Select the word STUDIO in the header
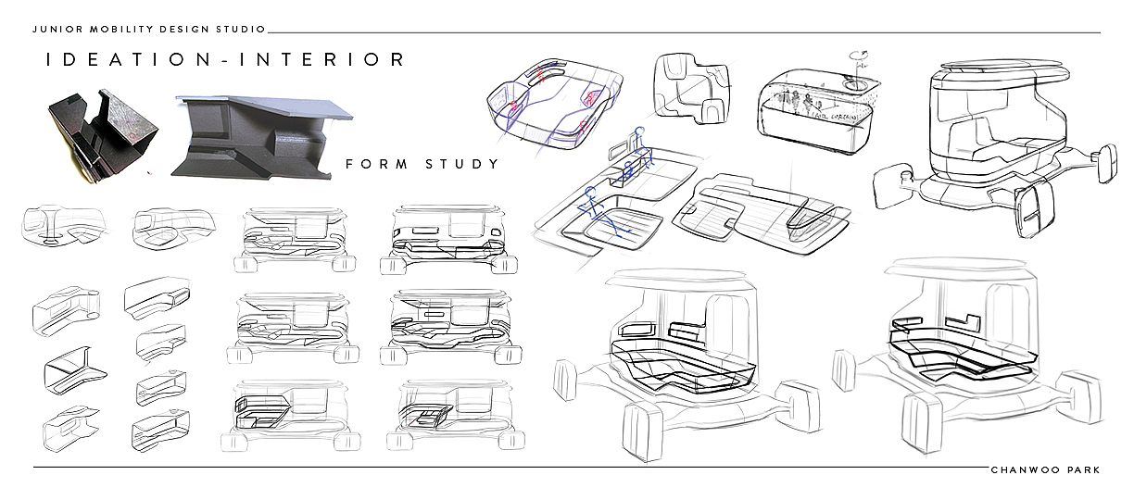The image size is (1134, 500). pyautogui.click(x=245, y=30)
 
